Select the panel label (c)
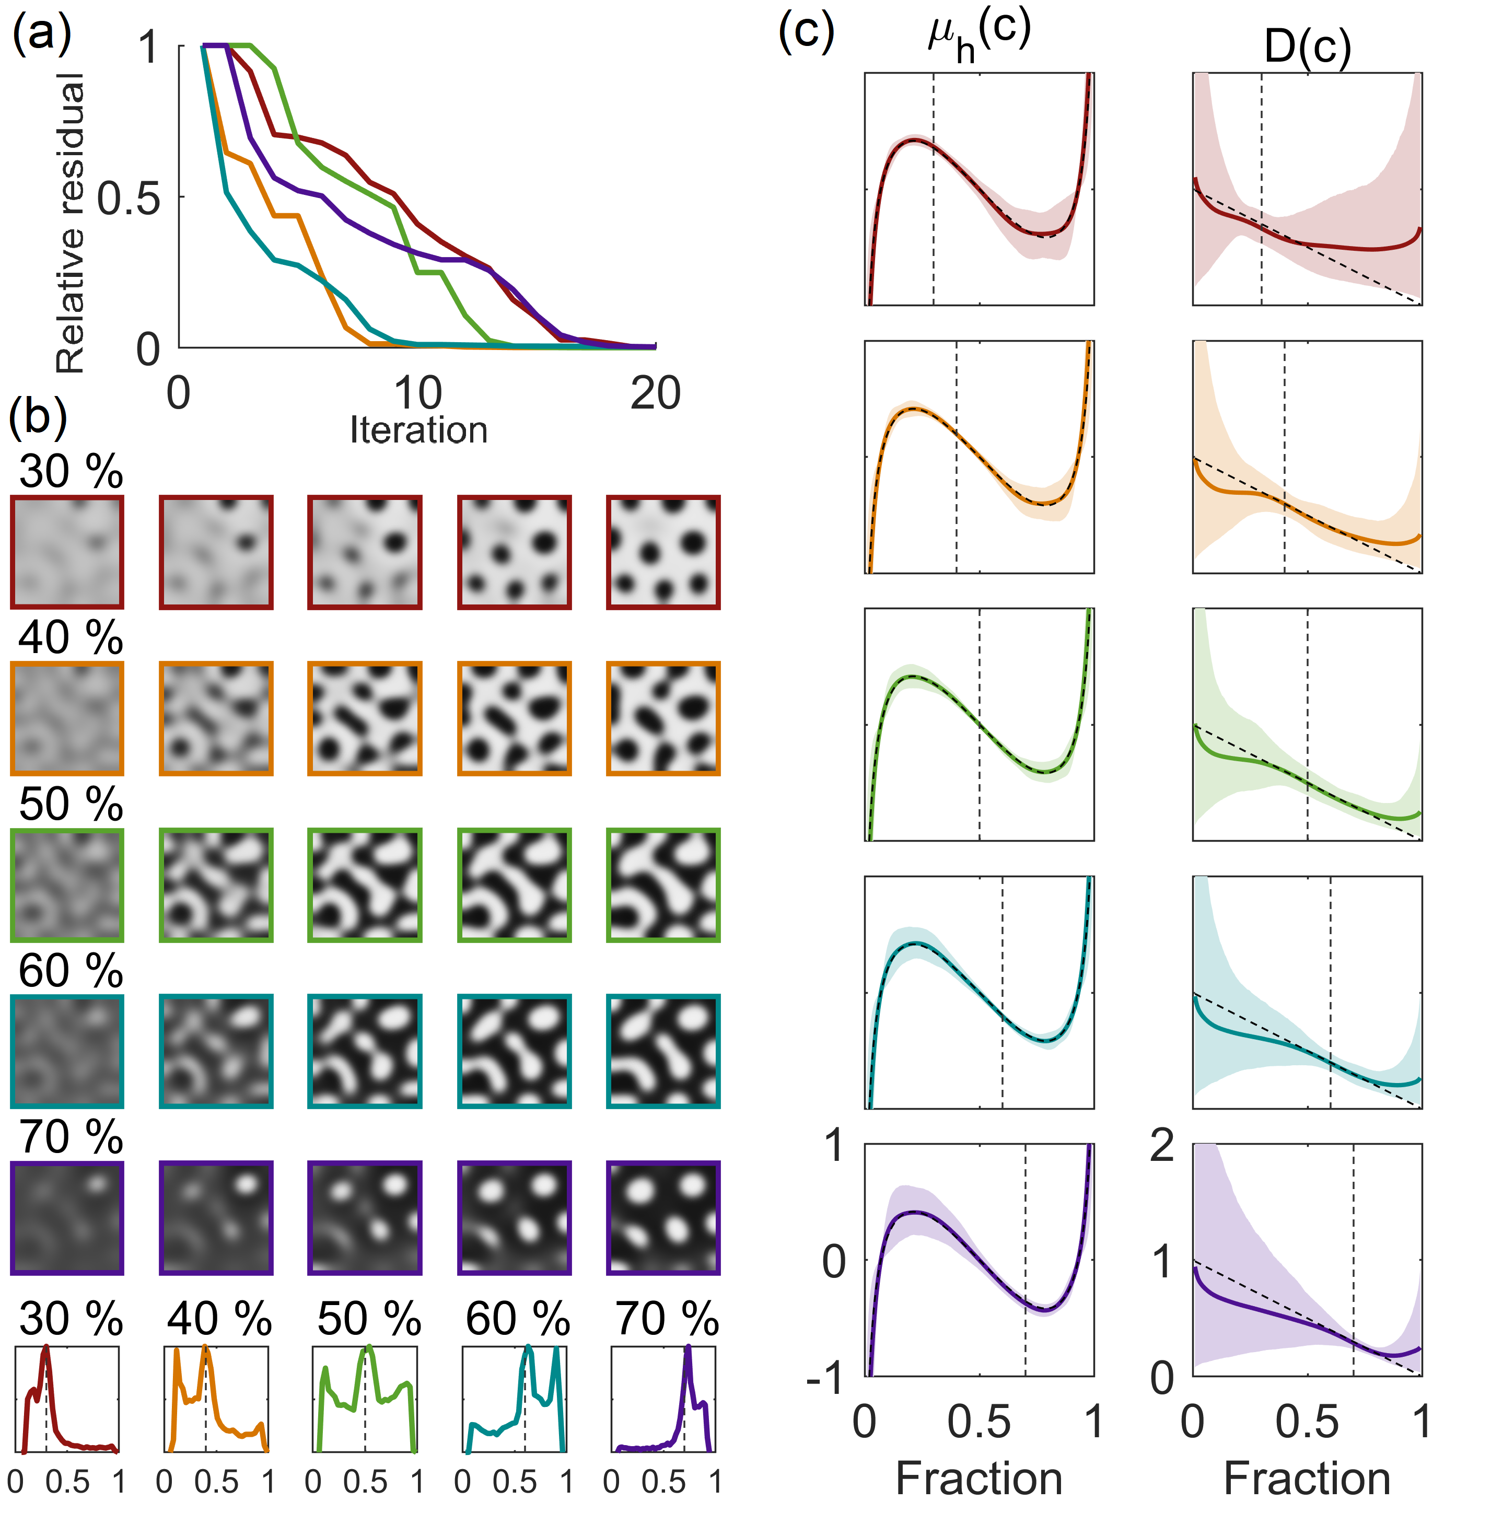pyautogui.click(x=807, y=33)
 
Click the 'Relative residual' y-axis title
pyautogui.click(x=71, y=223)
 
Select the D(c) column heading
pyautogui.click(x=1307, y=47)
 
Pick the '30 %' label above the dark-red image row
pyautogui.click(x=71, y=471)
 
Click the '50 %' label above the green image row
pyautogui.click(x=71, y=804)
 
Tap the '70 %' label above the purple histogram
pyautogui.click(x=667, y=1319)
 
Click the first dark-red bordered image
pyautogui.click(x=67, y=552)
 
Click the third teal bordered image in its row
pyautogui.click(x=365, y=1052)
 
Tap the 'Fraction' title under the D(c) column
pyautogui.click(x=1307, y=1479)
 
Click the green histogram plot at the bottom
pyautogui.click(x=365, y=1398)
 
